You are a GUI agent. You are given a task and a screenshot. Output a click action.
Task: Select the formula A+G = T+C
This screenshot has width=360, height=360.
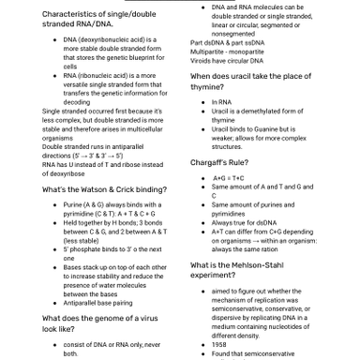point(228,177)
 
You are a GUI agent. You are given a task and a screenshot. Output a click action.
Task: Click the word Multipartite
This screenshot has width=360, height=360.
point(210,51)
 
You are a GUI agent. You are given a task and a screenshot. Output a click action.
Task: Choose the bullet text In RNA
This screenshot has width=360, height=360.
point(222,101)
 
